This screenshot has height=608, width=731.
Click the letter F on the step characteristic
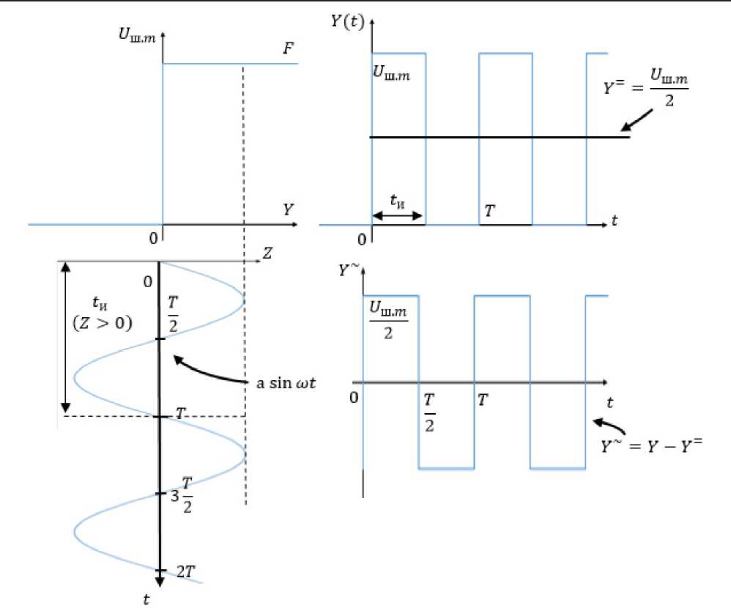click(289, 49)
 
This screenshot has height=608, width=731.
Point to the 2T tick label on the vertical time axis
click(184, 571)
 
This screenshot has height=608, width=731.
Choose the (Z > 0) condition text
click(103, 322)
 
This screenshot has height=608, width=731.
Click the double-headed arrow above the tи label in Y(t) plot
click(398, 216)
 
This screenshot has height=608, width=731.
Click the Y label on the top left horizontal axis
click(289, 210)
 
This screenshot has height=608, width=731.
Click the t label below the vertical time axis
click(147, 599)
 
